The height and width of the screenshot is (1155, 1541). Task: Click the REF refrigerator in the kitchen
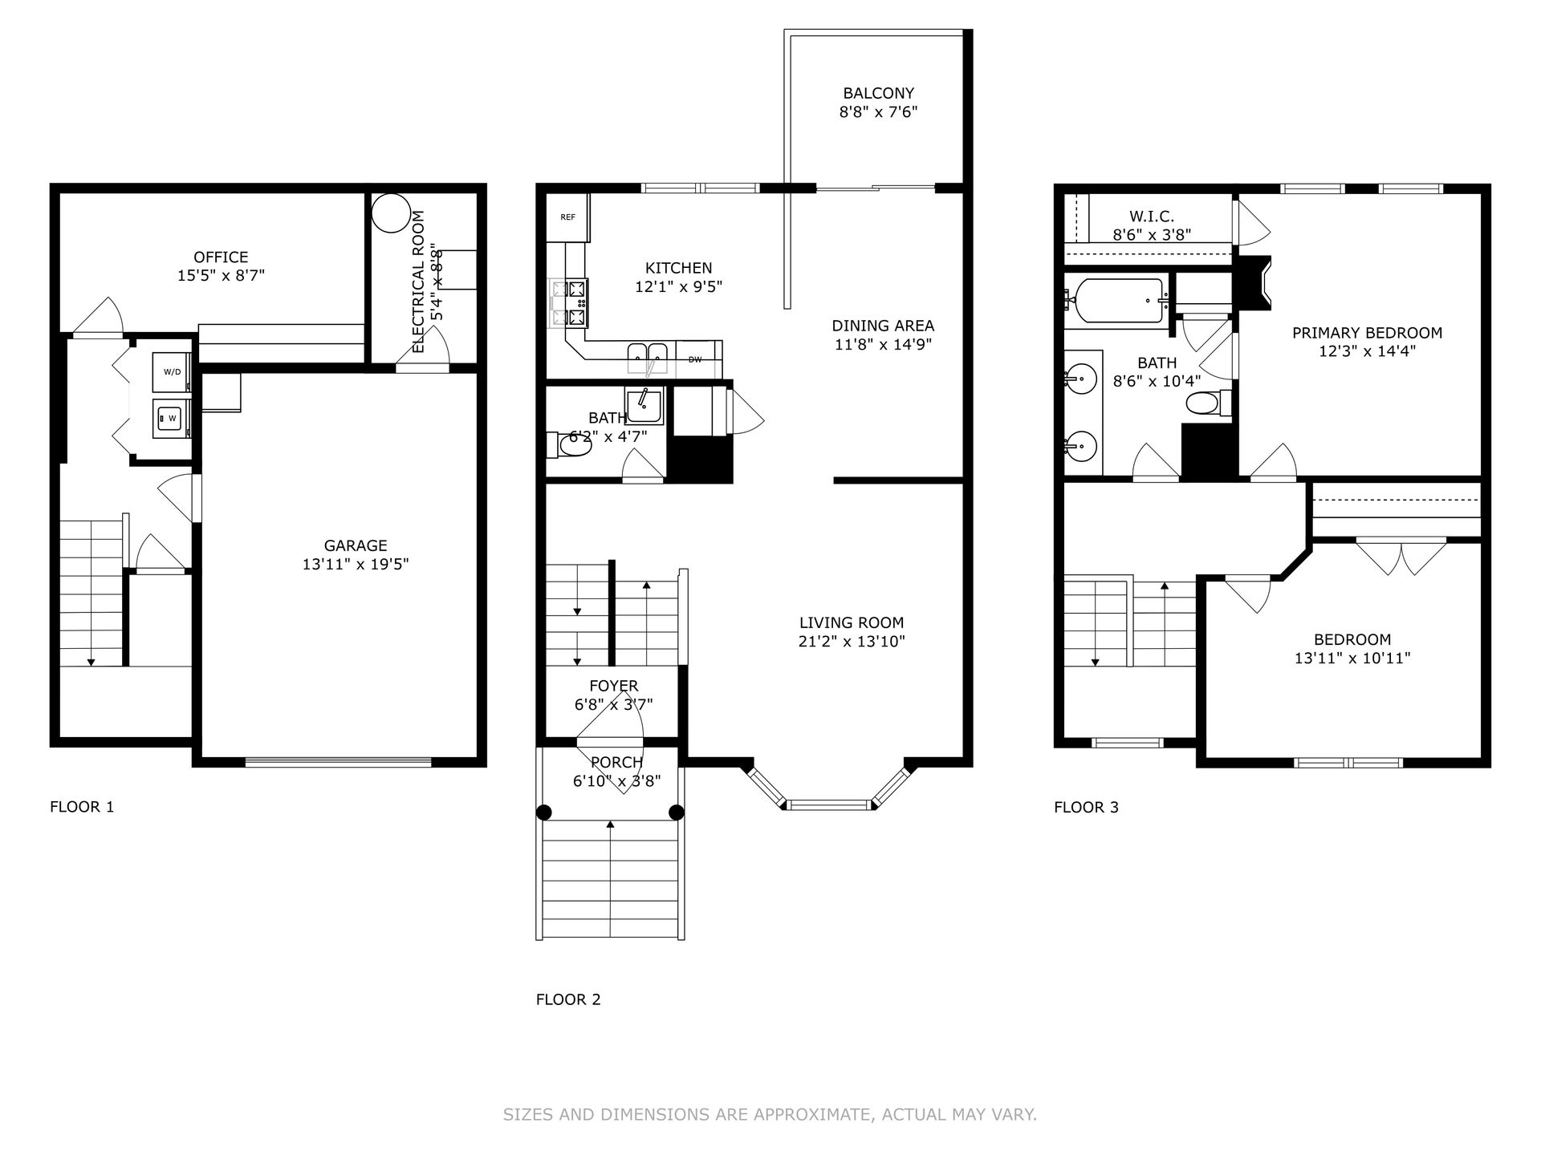568,217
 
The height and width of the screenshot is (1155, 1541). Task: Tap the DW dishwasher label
695,359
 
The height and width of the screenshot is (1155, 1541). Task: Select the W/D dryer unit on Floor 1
172,371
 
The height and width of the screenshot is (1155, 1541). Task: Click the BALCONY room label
878,93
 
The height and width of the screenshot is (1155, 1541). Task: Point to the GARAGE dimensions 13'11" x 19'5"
356,564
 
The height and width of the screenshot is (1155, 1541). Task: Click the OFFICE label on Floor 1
221,257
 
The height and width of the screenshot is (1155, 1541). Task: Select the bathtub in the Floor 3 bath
1119,301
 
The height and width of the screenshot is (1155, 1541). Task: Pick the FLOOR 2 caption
568,999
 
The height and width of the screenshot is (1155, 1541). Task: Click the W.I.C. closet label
1152,217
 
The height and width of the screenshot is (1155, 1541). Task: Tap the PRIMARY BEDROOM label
1367,333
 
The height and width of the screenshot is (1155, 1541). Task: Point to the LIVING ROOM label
852,622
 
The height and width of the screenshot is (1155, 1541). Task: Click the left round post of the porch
544,812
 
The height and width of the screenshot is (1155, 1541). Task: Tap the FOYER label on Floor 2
614,686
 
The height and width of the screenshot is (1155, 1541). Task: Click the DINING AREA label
883,326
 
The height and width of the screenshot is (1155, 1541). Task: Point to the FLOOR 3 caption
1086,808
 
